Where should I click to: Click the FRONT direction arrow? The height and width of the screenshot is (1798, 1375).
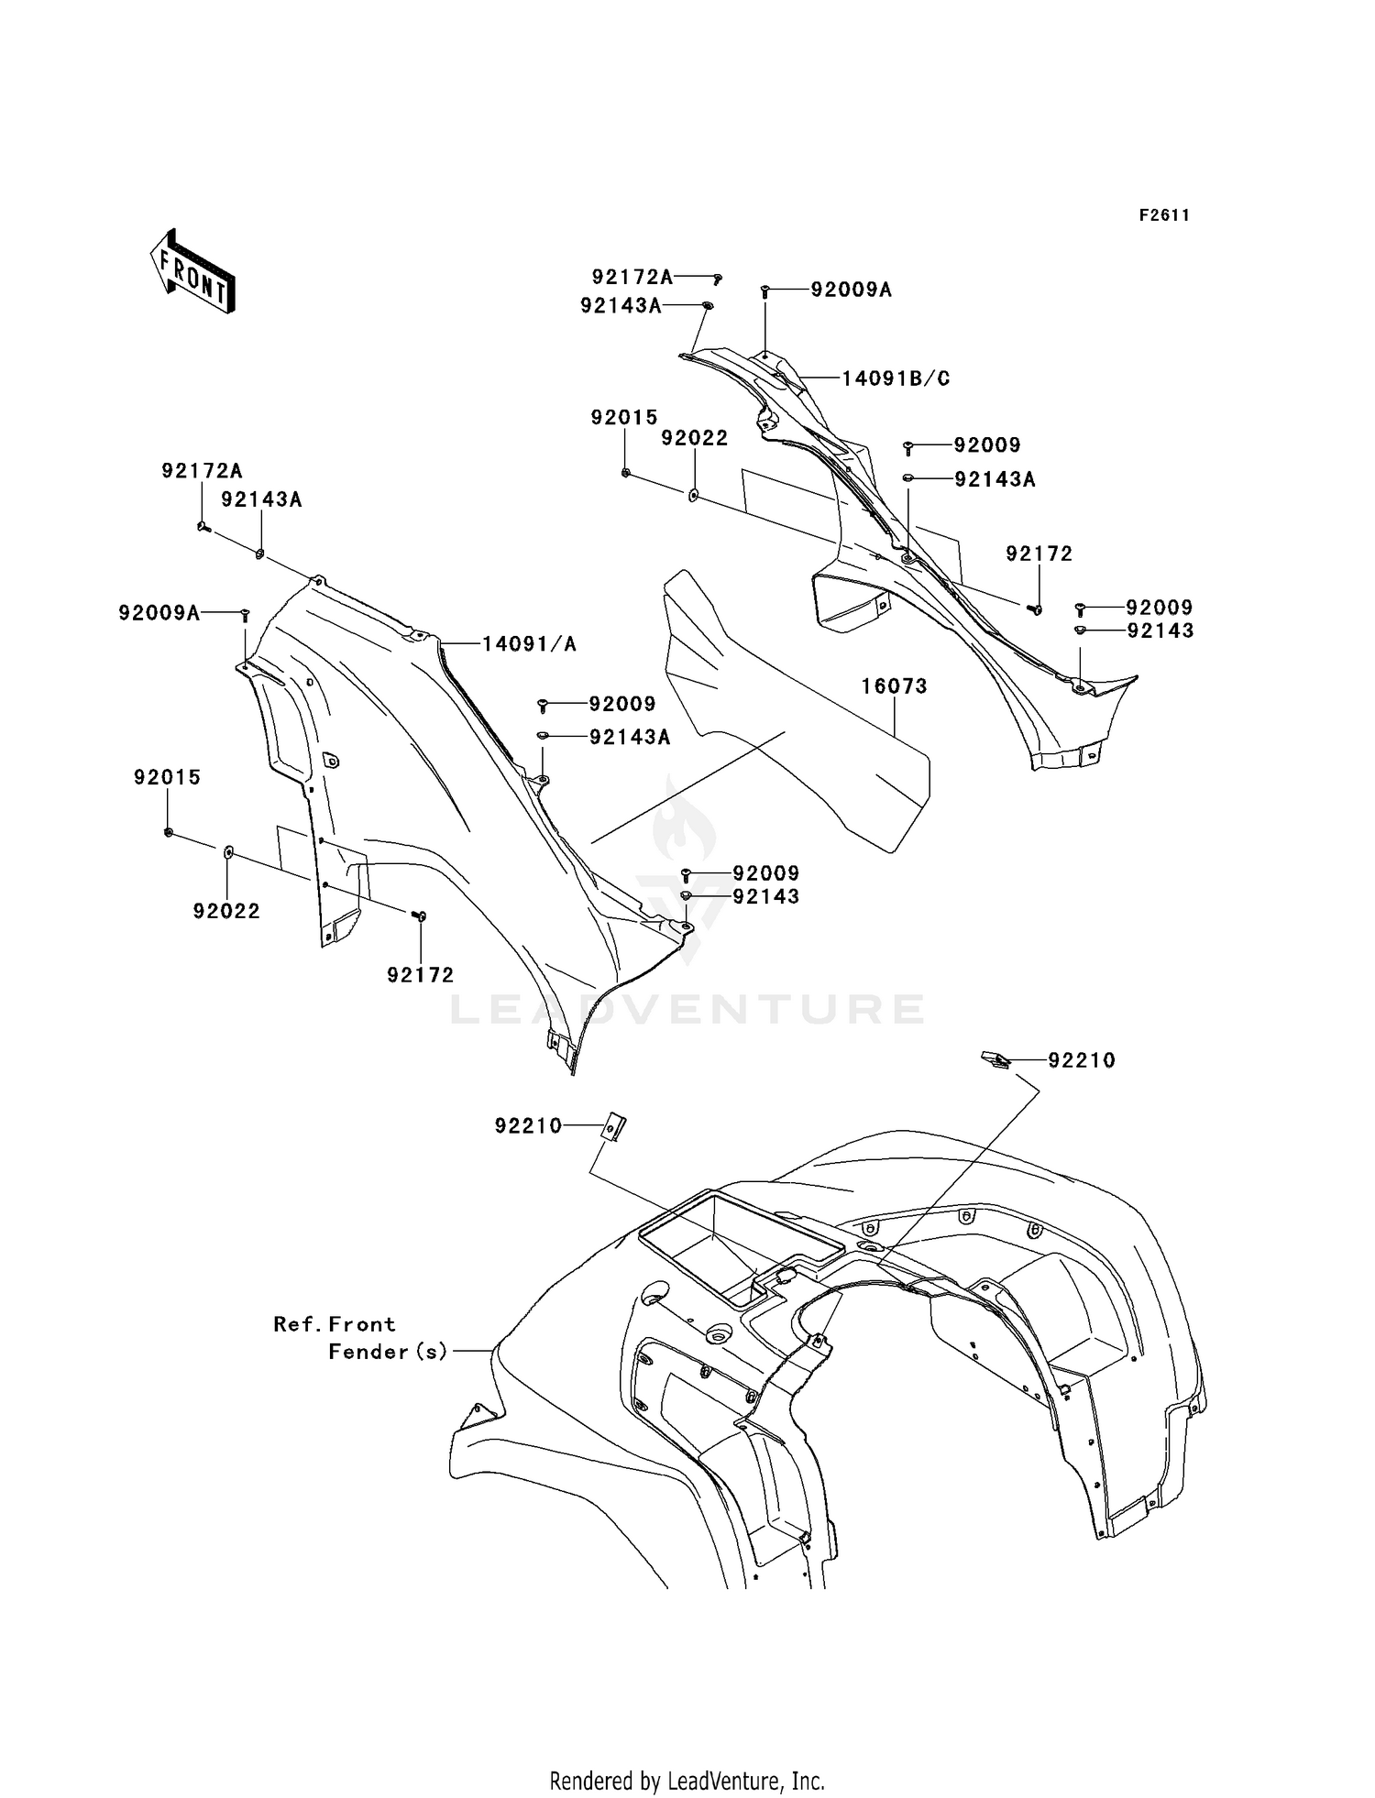[x=192, y=271]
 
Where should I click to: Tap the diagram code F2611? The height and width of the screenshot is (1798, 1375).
[x=1164, y=215]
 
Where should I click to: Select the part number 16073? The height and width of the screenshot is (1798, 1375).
[x=894, y=686]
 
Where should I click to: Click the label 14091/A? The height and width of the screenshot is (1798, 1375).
[x=530, y=644]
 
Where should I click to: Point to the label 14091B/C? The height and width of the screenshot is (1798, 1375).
[x=896, y=378]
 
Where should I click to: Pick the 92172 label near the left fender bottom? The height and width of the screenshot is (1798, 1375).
[x=421, y=975]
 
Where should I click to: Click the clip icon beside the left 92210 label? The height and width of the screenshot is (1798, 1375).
[x=614, y=1127]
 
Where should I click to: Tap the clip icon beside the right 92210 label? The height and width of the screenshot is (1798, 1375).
[x=995, y=1059]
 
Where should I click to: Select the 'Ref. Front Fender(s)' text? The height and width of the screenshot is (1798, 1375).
[x=360, y=1337]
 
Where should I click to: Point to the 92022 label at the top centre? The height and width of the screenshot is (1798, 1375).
[x=695, y=438]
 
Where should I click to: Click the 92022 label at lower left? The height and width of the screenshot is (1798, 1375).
[x=226, y=911]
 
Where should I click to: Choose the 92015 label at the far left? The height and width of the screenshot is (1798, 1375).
[x=167, y=777]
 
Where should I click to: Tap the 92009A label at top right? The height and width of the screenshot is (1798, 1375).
[x=852, y=290]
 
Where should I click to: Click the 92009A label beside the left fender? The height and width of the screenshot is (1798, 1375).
[x=159, y=613]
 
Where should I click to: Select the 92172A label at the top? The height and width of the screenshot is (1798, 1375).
[x=632, y=276]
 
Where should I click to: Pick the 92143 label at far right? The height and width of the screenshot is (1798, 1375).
[x=1160, y=630]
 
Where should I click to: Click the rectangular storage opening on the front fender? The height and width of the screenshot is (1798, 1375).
[x=742, y=1244]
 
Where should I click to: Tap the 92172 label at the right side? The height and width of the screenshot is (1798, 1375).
[x=1039, y=554]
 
